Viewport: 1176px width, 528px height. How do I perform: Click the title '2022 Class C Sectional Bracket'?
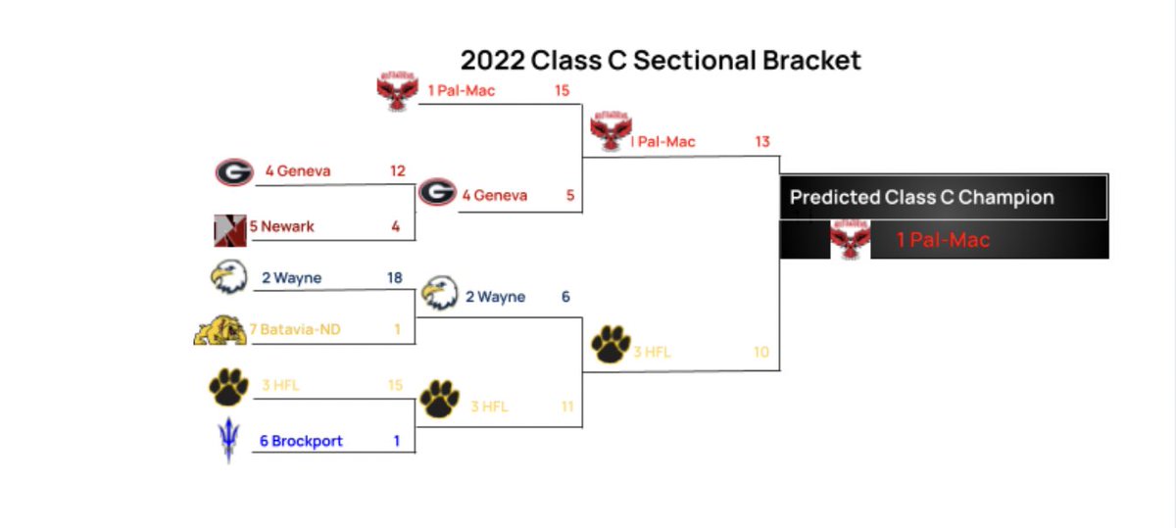pyautogui.click(x=661, y=60)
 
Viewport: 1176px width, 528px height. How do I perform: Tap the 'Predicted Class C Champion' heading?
pyautogui.click(x=921, y=197)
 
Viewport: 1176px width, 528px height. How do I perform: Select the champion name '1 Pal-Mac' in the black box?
pyautogui.click(x=943, y=240)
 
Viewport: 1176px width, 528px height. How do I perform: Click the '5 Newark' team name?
pyautogui.click(x=282, y=226)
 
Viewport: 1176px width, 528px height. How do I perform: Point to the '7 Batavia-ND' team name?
pyautogui.click(x=301, y=330)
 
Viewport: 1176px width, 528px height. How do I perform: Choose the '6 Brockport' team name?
pyautogui.click(x=301, y=441)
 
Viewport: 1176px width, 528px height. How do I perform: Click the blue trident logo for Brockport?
pyautogui.click(x=228, y=441)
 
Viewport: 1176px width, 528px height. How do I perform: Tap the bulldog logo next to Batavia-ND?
pyautogui.click(x=220, y=330)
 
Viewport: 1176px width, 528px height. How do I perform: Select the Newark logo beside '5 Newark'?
pyautogui.click(x=229, y=229)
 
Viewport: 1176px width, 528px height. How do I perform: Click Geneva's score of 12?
pyautogui.click(x=397, y=171)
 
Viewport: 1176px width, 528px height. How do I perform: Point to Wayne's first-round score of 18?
pyautogui.click(x=395, y=278)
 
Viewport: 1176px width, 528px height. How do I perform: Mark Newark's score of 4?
pyautogui.click(x=396, y=226)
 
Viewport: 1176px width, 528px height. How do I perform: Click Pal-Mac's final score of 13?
pyautogui.click(x=761, y=142)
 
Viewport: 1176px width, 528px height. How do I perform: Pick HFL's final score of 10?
pyautogui.click(x=761, y=352)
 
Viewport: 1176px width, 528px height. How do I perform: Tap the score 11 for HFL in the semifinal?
pyautogui.click(x=566, y=407)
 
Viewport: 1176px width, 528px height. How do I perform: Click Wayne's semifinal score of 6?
pyautogui.click(x=565, y=297)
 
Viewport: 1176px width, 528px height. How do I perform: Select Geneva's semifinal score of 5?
pyautogui.click(x=569, y=195)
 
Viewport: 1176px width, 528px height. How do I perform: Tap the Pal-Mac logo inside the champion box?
pyautogui.click(x=850, y=240)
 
